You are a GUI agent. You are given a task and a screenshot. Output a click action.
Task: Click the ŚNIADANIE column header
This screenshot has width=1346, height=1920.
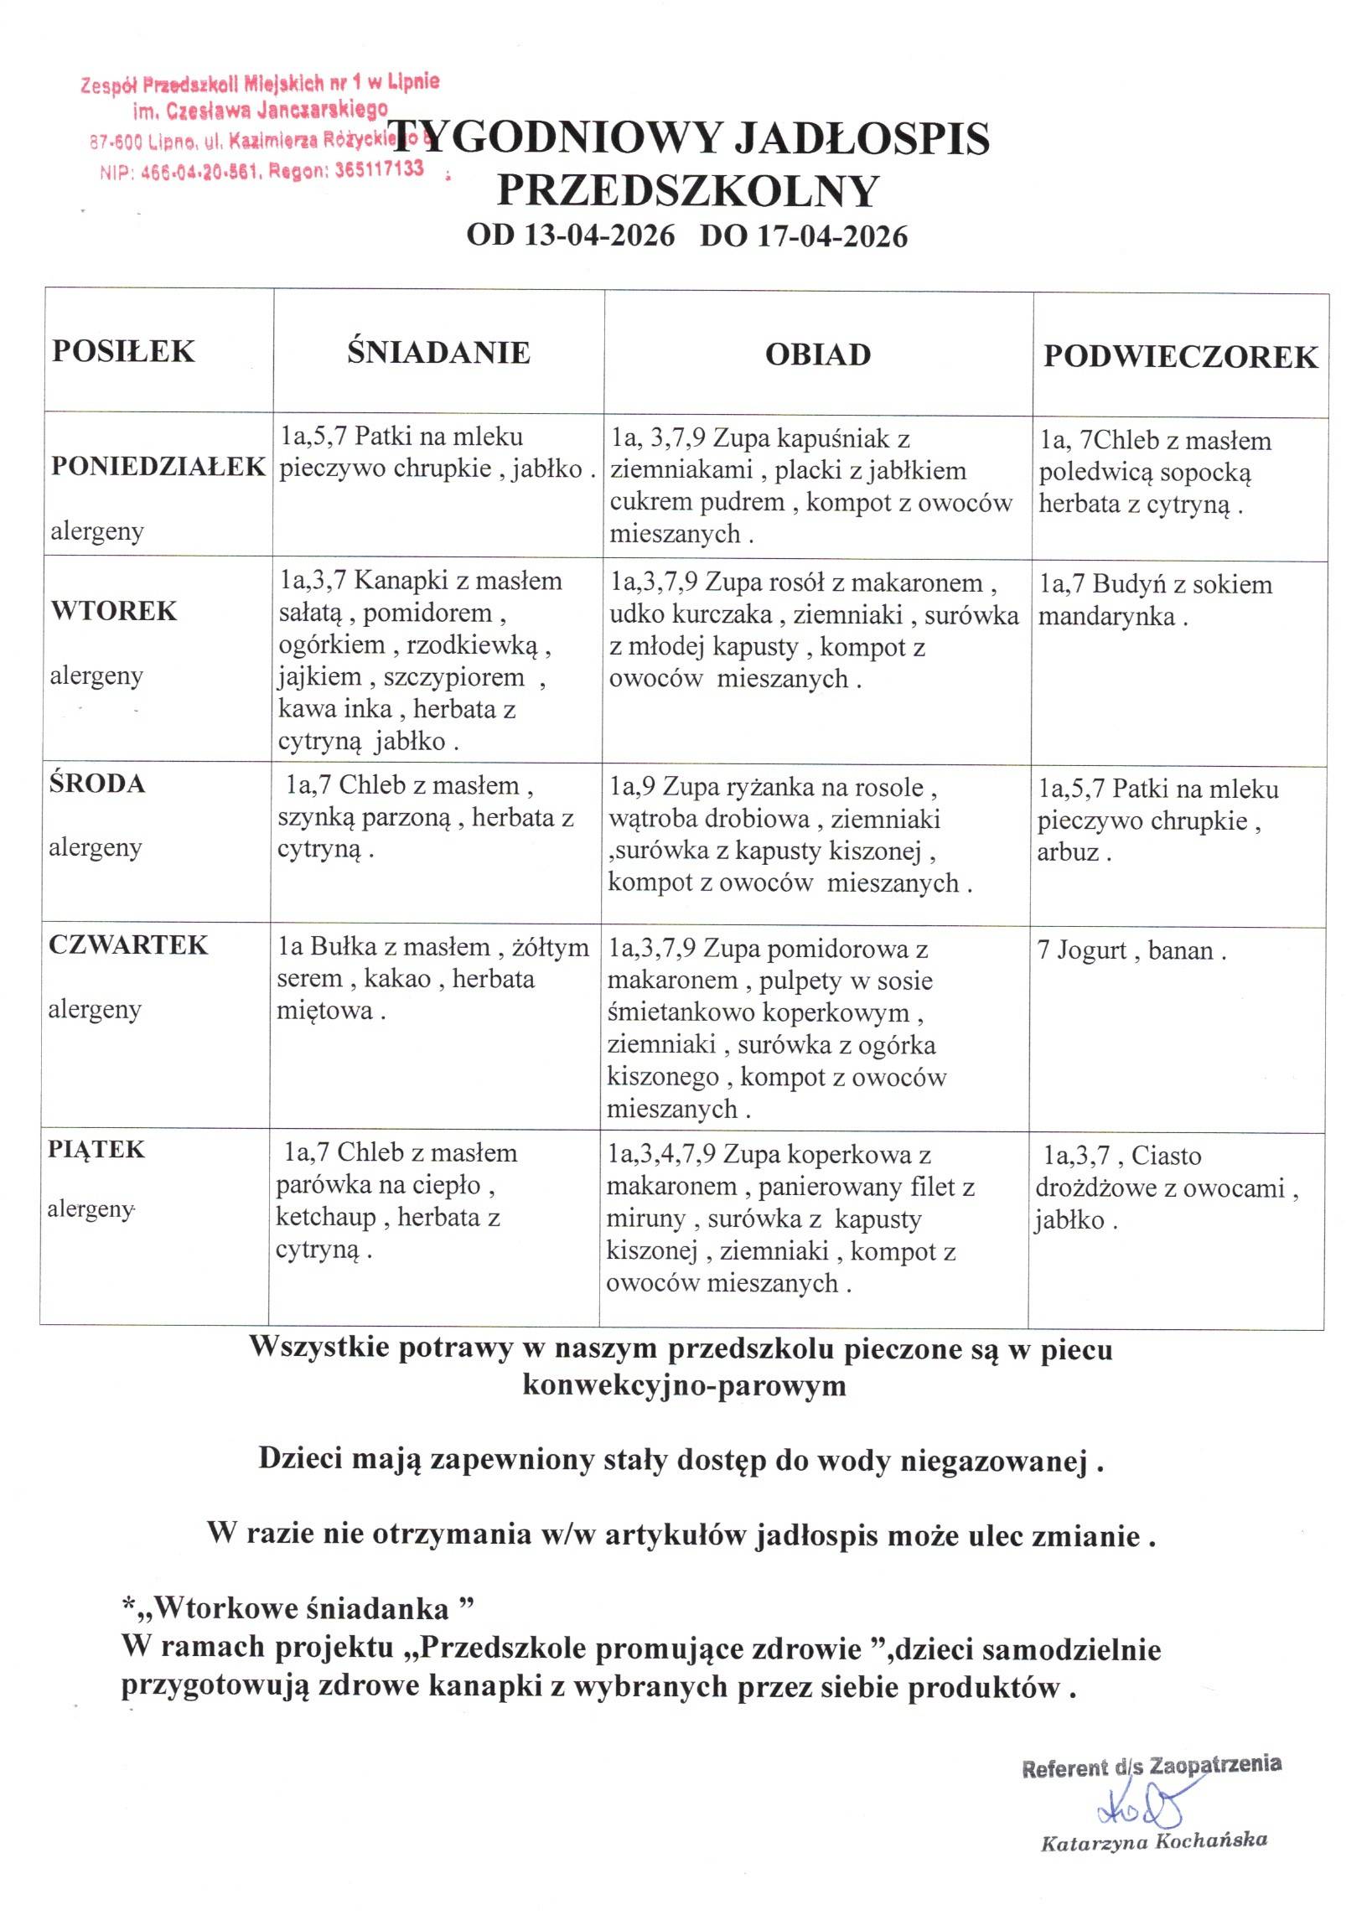438,352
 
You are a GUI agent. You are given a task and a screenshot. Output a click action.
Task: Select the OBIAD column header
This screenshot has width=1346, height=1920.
817,355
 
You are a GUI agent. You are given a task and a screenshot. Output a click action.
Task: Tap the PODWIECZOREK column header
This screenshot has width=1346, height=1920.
1179,357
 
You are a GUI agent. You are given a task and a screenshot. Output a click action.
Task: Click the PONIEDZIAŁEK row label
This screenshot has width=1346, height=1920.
158,466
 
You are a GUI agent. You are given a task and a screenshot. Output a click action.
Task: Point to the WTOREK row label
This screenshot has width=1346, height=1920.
114,610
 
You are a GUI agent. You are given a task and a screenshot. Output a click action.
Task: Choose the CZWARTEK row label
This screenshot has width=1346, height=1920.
127,944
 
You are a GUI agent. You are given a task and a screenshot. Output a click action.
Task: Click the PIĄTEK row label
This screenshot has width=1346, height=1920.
96,1149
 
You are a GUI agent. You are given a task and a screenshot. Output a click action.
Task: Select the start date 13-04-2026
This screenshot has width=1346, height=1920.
598,235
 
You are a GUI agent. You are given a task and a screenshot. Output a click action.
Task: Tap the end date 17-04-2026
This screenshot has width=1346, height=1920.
832,235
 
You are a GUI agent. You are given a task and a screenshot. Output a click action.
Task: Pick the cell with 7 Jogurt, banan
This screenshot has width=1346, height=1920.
1131,951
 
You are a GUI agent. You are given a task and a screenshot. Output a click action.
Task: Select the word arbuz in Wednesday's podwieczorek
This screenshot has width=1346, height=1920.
1068,854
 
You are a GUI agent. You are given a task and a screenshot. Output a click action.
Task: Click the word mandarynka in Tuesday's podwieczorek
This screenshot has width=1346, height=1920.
1106,617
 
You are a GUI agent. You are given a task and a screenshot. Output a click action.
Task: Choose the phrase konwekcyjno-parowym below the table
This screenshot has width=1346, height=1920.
683,1385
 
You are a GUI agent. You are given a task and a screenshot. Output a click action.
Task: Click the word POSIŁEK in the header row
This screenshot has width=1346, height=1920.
123,350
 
